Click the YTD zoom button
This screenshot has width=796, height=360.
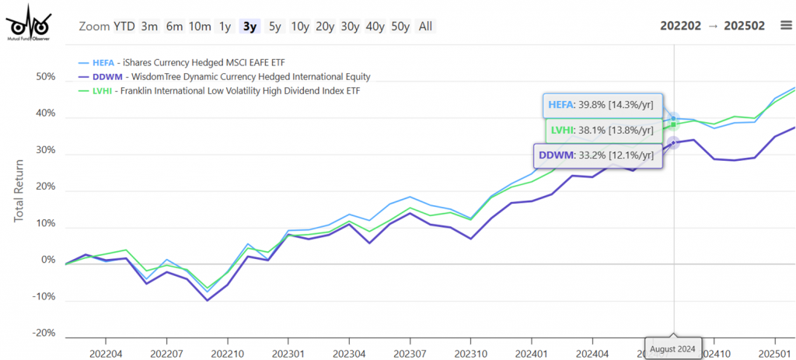124,26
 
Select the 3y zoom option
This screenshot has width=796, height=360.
250,26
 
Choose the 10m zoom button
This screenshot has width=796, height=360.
200,26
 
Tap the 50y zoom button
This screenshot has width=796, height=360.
400,26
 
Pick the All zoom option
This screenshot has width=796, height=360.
425,26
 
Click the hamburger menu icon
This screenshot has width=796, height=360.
786,26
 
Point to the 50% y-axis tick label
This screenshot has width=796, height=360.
45,78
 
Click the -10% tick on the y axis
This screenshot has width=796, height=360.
44,296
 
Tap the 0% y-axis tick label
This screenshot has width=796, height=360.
48,260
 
